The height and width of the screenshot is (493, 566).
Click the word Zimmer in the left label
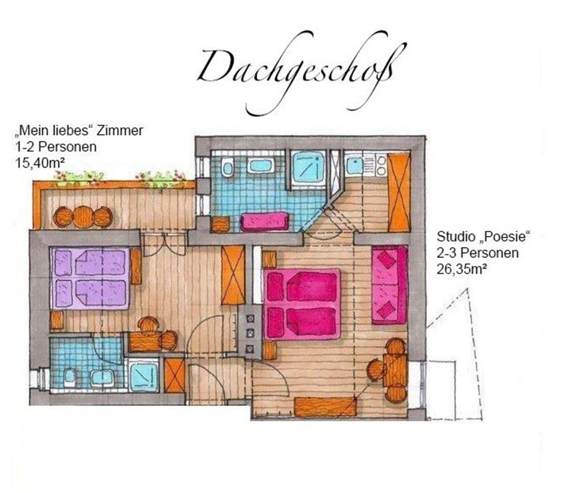pos(120,130)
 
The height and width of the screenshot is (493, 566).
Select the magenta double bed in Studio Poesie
pos(302,304)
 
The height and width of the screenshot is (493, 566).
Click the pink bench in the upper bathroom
pos(264,221)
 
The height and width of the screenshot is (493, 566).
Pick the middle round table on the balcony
pos(83,217)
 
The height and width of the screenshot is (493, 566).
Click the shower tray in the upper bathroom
pos(309,168)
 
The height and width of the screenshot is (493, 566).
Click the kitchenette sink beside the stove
pos(354,165)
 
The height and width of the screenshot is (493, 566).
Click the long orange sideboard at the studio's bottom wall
pos(325,407)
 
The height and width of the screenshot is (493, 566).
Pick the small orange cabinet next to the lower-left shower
pos(174,375)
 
